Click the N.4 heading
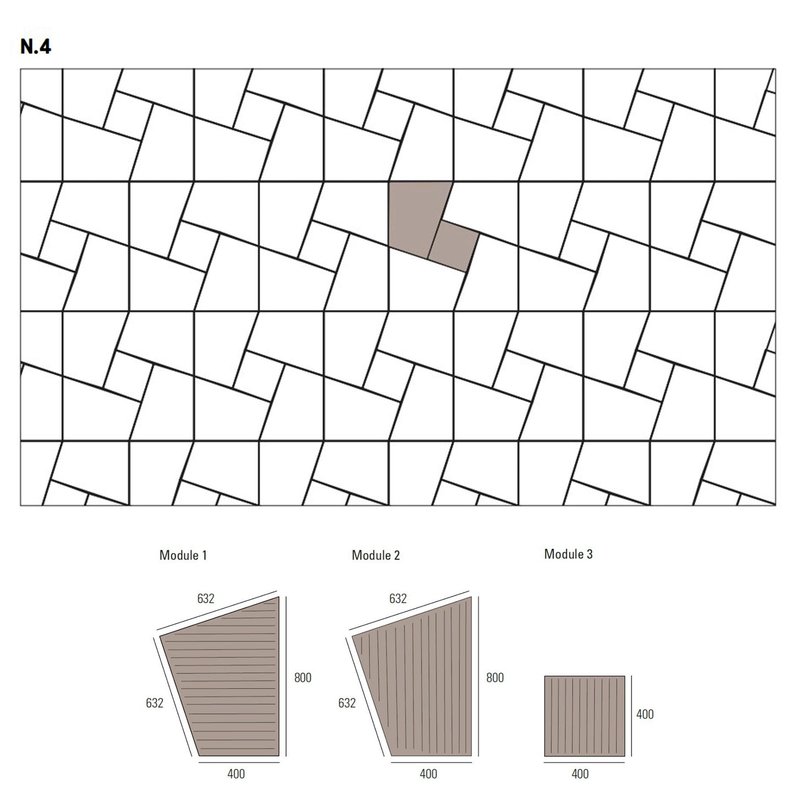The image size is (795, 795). pos(35,47)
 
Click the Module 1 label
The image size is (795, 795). pos(183,555)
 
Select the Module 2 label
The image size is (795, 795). pos(375,555)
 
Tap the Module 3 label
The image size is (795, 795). pos(568,554)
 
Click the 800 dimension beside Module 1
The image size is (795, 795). pos(303,677)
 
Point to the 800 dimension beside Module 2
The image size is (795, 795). pos(495,677)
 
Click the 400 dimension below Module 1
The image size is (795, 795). pos(236,774)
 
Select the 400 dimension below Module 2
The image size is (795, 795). pos(428,774)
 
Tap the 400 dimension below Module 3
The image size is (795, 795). pos(580,774)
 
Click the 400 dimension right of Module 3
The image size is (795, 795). pos(645,714)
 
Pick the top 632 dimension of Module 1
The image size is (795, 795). pos(205,598)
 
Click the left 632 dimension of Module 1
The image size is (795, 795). pos(154,703)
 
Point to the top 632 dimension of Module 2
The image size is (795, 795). pos(398,598)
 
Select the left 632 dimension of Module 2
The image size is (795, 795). pos(347,703)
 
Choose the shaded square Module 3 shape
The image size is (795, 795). pos(584,716)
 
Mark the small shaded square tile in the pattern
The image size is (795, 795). pos(453,246)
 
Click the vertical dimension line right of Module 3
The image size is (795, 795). pos(631,716)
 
